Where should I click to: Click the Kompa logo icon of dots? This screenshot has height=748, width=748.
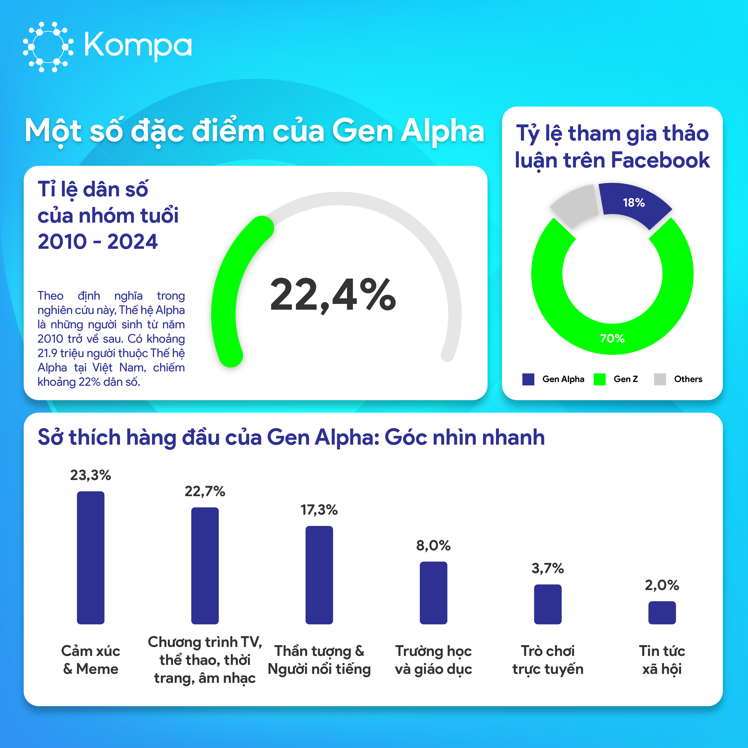(48, 47)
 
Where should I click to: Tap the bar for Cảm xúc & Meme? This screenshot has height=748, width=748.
(91, 558)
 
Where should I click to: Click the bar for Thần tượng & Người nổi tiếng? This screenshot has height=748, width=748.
(319, 575)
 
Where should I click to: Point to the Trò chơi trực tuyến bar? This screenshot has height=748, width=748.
(547, 604)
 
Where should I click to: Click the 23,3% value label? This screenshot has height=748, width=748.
(91, 475)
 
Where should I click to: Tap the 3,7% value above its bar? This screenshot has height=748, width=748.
(547, 568)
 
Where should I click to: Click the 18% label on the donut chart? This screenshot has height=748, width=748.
(634, 202)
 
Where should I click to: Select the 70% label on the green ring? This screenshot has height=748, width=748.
(612, 338)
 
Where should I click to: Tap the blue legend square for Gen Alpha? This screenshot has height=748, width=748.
(528, 379)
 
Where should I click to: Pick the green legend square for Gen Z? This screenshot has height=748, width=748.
(599, 379)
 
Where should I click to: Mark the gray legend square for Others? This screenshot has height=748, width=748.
(660, 379)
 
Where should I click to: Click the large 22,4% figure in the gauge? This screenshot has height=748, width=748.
(333, 295)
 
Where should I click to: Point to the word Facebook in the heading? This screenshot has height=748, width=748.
(661, 160)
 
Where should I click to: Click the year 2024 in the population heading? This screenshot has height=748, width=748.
(132, 242)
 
